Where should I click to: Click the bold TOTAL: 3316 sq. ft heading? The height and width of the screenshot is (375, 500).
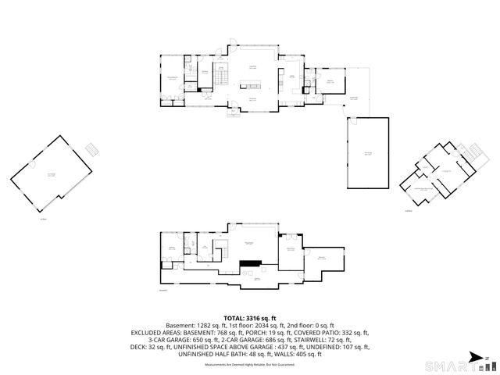(x=249, y=318)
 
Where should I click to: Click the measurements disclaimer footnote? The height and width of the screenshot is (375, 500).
(x=249, y=365)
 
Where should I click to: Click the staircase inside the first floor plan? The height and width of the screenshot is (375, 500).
(x=221, y=77)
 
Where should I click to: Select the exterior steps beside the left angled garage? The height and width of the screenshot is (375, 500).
(x=92, y=148)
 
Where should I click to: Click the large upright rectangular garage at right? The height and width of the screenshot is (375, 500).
(x=367, y=153)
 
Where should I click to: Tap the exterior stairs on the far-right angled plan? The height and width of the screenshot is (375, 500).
(x=466, y=150)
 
